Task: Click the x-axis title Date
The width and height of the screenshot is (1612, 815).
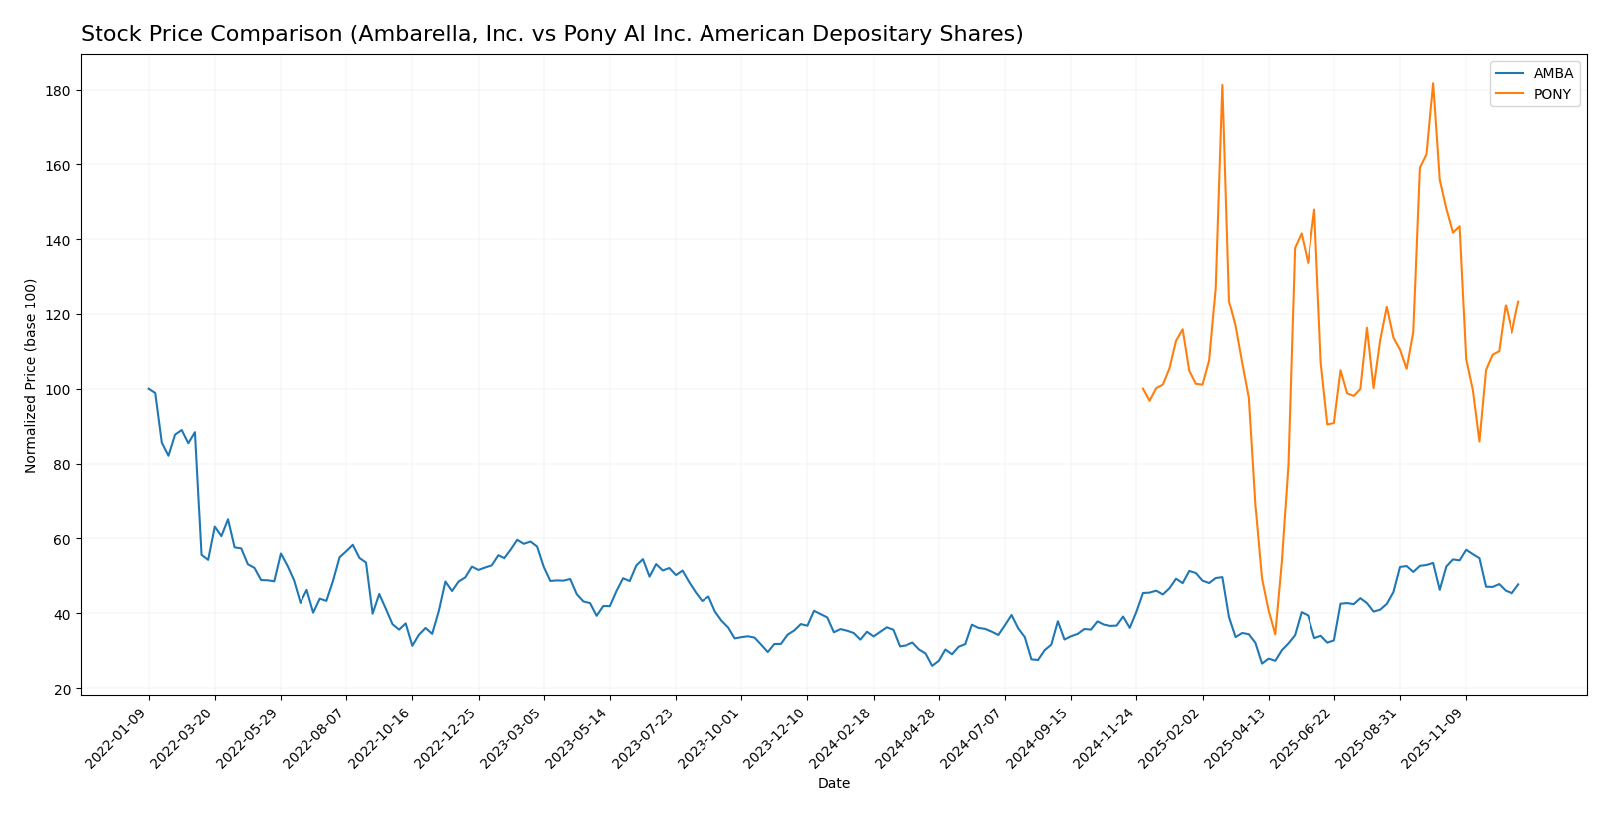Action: [x=834, y=784]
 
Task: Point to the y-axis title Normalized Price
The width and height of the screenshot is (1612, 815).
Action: [x=31, y=375]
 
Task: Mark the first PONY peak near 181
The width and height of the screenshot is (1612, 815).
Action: [x=1222, y=85]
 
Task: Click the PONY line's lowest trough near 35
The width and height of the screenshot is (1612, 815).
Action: [x=1275, y=634]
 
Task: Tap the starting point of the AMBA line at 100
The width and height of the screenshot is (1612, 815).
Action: [x=149, y=389]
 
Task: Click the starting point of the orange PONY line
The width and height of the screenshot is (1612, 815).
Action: [x=1143, y=389]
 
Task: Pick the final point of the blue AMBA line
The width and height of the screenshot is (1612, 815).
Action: [x=1518, y=584]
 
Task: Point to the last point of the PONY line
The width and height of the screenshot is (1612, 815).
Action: [x=1518, y=301]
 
